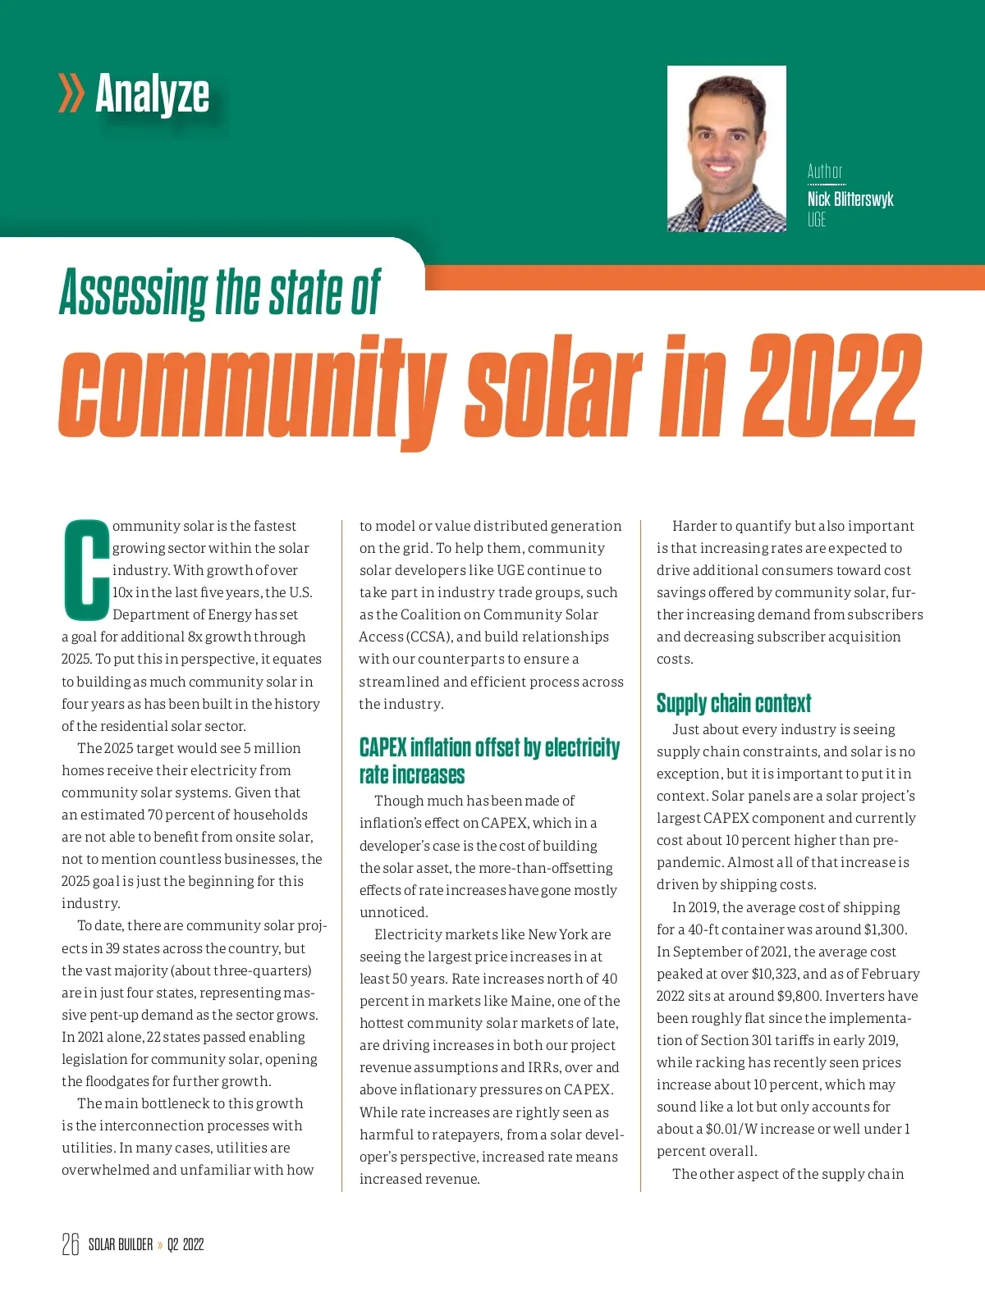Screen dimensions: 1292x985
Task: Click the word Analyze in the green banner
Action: [x=152, y=94]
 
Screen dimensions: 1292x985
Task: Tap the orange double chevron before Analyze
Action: [x=71, y=93]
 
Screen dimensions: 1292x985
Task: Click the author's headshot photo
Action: [x=726, y=148]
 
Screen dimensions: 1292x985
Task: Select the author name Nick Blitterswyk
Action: [x=850, y=199]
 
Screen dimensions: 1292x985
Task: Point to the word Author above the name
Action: [x=824, y=171]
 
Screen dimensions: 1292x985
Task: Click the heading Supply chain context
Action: [x=733, y=703]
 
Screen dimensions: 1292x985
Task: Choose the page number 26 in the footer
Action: [x=71, y=1244]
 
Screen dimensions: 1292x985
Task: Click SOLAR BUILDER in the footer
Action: [x=121, y=1244]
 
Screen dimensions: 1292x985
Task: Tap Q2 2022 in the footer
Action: [x=186, y=1244]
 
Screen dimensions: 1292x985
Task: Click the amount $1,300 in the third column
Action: [x=885, y=929]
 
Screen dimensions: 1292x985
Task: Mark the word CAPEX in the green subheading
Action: [x=383, y=747]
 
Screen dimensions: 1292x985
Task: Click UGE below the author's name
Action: [x=816, y=220]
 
